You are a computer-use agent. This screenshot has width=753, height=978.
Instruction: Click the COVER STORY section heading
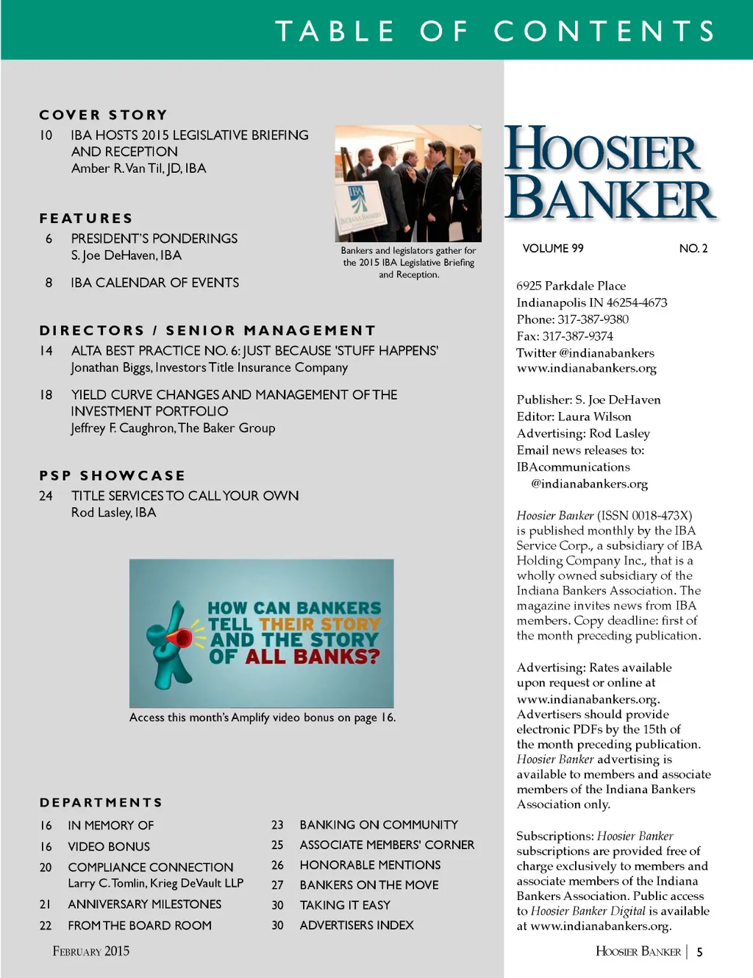pos(103,115)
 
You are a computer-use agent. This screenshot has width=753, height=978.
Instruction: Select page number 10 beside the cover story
pos(46,135)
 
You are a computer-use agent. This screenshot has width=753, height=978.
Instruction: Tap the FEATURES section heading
pos(86,219)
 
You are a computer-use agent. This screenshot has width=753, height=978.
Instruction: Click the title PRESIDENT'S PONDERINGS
pos(154,238)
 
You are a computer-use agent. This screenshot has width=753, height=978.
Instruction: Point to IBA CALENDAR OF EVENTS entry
pos(154,283)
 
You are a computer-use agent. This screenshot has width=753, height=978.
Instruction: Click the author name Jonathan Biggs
pos(111,367)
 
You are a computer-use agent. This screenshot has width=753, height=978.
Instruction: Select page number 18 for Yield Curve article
pos(46,395)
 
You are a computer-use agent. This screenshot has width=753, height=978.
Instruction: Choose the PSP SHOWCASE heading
pos(113,476)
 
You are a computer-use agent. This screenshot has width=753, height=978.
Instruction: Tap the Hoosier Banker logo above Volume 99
pos(609,174)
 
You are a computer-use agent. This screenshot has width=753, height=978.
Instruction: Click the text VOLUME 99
pos(552,249)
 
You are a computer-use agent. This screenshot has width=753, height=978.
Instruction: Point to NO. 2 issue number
pos(693,249)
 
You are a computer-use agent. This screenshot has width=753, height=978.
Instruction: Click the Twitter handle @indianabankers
pos(607,353)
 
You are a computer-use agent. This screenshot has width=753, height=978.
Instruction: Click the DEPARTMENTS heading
pos(101,803)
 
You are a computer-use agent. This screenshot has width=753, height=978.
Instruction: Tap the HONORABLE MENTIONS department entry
pos(370,865)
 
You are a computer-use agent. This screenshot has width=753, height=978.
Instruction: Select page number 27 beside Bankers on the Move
pos(277,885)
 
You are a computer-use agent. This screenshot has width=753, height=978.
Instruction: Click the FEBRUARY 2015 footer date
pos(90,952)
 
